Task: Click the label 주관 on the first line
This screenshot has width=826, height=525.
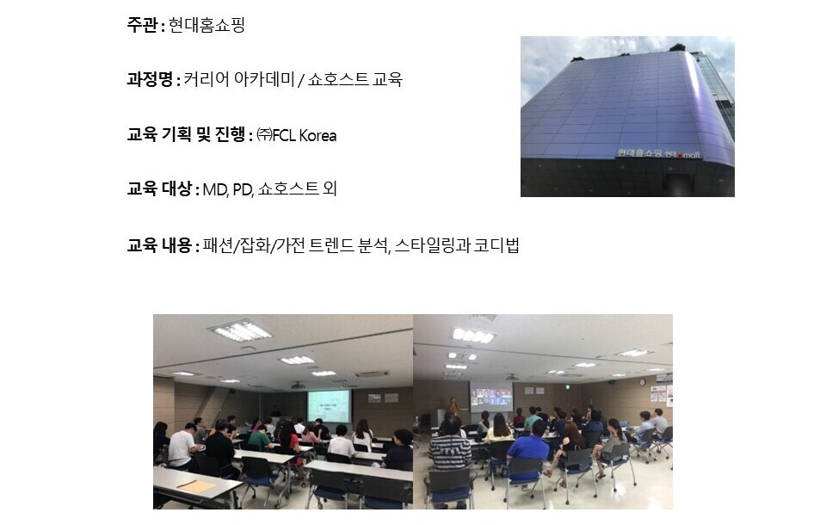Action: [142, 25]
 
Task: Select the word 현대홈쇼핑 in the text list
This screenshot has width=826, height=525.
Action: [206, 25]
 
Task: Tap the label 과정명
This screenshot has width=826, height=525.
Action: [150, 79]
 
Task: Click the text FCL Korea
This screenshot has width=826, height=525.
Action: [305, 135]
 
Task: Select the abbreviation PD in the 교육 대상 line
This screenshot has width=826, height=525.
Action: [243, 189]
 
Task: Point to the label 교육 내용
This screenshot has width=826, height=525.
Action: [159, 245]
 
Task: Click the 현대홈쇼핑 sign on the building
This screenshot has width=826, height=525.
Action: [639, 153]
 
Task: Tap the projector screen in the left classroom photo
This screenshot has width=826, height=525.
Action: [329, 406]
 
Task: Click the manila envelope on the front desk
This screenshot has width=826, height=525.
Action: [196, 485]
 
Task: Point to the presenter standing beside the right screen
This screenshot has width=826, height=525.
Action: [453, 407]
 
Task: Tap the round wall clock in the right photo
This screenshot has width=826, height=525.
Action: [642, 382]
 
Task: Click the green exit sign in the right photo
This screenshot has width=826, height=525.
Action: [566, 387]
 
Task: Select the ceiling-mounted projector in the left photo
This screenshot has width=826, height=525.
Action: [299, 386]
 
